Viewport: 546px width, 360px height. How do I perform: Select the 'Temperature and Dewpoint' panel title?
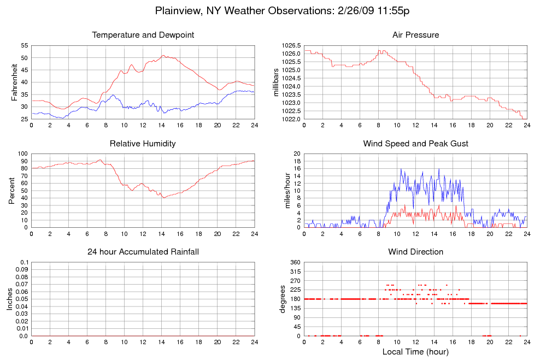click(x=143, y=35)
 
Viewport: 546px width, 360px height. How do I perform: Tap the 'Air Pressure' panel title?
click(x=415, y=35)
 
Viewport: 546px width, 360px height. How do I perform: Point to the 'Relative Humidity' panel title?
click(x=143, y=144)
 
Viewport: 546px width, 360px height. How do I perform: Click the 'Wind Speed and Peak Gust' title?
click(x=415, y=144)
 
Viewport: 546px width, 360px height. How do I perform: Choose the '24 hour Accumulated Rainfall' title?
click(x=143, y=252)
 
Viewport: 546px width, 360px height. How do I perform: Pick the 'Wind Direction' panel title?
click(x=415, y=252)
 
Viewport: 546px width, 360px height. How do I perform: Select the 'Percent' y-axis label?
click(x=11, y=190)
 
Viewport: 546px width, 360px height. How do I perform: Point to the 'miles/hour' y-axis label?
click(x=284, y=190)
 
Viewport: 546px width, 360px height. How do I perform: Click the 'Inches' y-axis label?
click(x=9, y=299)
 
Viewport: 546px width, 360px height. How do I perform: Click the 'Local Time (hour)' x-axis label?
click(x=415, y=351)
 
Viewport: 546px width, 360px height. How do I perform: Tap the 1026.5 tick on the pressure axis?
click(x=290, y=45)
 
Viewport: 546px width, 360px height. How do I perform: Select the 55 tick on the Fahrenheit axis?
click(x=25, y=45)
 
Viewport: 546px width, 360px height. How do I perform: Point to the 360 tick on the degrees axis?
click(x=295, y=263)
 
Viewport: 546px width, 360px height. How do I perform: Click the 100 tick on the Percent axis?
click(x=22, y=154)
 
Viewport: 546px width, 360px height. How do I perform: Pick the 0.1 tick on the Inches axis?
click(x=24, y=263)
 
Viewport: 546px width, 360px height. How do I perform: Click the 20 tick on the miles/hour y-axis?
click(x=297, y=154)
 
